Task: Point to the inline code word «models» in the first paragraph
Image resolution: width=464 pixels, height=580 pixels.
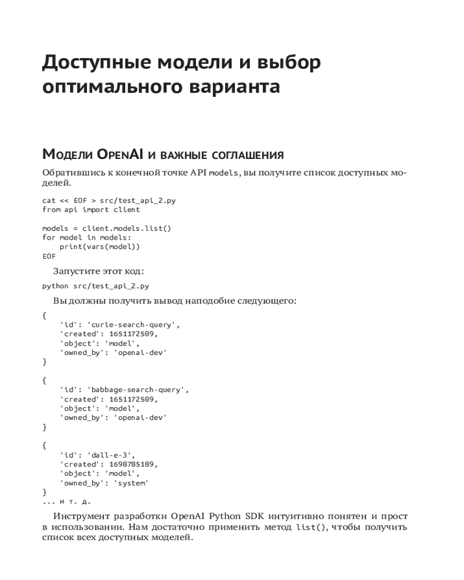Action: (223, 173)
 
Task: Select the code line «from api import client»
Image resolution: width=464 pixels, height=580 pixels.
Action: (91, 209)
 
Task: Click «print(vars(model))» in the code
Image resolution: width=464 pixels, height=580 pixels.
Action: (100, 246)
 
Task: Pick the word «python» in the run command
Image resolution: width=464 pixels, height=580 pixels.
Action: (55, 286)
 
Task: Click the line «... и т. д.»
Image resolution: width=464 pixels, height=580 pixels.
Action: (67, 501)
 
